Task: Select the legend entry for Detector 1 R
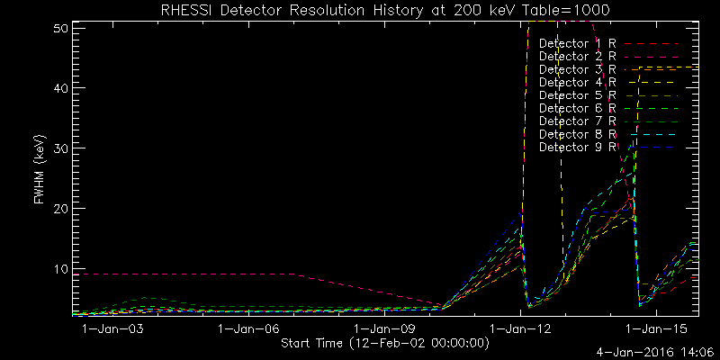coord(577,43)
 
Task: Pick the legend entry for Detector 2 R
coord(577,57)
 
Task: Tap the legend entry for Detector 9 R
coord(577,146)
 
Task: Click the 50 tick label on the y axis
coord(62,29)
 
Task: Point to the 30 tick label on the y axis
coord(62,148)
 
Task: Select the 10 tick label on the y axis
coord(62,268)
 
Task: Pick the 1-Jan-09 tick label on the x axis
coord(383,330)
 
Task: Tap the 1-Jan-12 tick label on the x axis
coord(520,330)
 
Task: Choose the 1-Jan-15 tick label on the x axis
coord(656,330)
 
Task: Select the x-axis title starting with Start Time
coord(385,343)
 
